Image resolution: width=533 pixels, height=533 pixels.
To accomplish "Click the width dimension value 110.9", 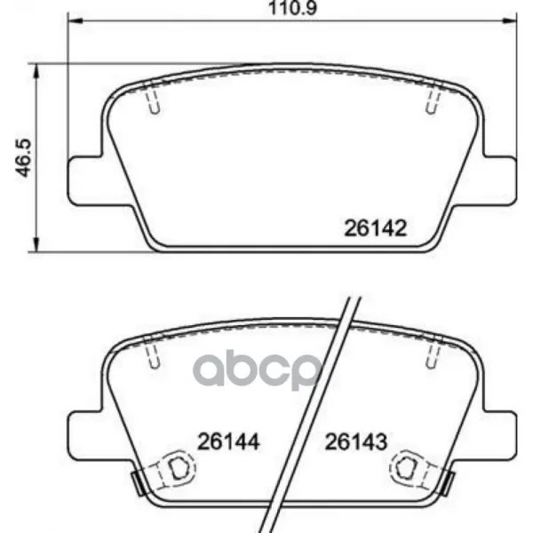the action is (292, 8).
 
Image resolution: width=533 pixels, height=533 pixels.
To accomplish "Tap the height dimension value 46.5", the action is (24, 158).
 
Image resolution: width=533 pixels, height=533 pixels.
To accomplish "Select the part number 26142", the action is (375, 228).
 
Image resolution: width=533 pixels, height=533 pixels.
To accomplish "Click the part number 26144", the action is (228, 442).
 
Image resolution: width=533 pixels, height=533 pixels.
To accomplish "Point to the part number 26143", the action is (356, 442).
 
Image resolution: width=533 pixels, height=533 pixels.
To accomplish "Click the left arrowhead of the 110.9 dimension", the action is (75, 21).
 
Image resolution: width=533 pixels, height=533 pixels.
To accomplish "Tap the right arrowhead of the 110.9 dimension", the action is (510, 21).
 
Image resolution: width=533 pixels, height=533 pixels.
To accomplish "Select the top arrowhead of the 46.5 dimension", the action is (36, 70).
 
